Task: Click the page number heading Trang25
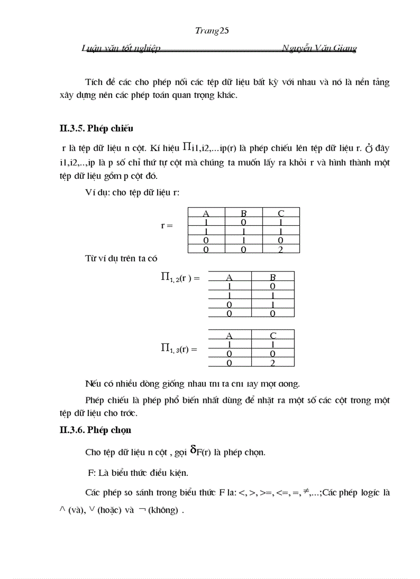[212, 31]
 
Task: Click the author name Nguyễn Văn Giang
[319, 48]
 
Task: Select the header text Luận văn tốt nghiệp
[121, 48]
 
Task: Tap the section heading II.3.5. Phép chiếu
[97, 128]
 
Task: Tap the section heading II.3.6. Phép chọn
[95, 429]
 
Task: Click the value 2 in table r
[281, 250]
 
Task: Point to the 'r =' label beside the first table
[167, 225]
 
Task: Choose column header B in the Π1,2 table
[273, 277]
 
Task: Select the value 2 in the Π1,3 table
[273, 363]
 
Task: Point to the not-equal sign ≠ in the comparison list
[306, 491]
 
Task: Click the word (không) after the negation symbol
[165, 510]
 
